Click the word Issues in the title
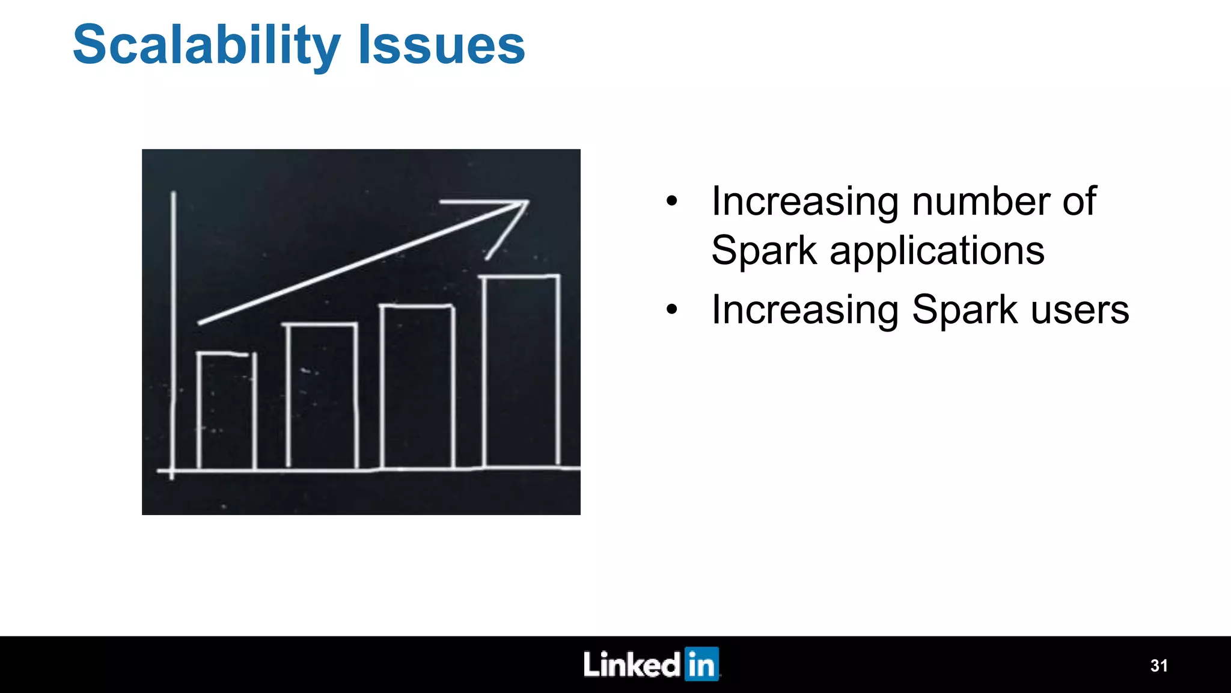point(441,46)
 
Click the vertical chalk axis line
point(173,331)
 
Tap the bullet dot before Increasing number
point(671,202)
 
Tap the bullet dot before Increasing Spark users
point(671,310)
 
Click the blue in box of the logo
point(701,664)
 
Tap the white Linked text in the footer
point(631,664)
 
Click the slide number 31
point(1158,665)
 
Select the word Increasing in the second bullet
point(804,310)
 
